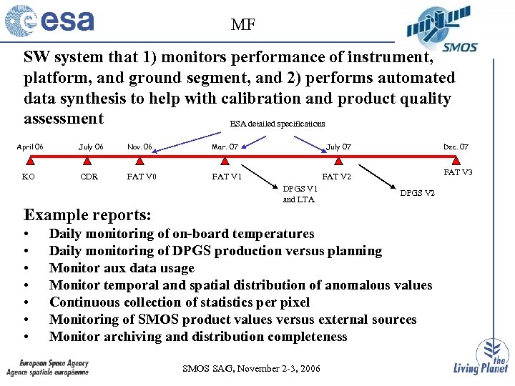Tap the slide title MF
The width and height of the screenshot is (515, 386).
243,26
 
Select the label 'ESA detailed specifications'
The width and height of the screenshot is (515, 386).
278,124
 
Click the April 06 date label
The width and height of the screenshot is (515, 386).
29,147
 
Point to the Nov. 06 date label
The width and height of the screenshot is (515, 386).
139,147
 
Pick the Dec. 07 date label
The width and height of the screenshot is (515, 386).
456,147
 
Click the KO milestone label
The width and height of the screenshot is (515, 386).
29,177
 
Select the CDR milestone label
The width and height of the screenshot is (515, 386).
89,177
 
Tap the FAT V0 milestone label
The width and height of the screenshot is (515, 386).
142,177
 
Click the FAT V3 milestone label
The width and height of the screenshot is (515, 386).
458,172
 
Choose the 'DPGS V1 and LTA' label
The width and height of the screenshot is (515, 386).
300,194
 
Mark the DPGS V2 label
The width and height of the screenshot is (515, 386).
417,193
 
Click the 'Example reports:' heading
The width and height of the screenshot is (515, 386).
87,214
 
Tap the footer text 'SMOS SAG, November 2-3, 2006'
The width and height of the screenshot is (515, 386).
252,369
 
